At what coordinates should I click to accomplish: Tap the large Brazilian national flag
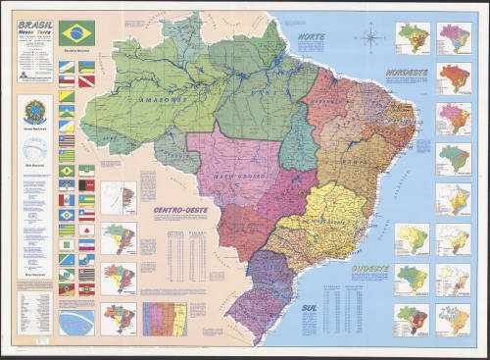coord(77,31)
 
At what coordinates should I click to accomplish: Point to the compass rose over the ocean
coord(372,40)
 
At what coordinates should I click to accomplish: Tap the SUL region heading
coord(306,307)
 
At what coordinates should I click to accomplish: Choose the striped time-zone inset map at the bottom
coord(164,319)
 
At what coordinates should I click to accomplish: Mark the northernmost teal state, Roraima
coord(184,36)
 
